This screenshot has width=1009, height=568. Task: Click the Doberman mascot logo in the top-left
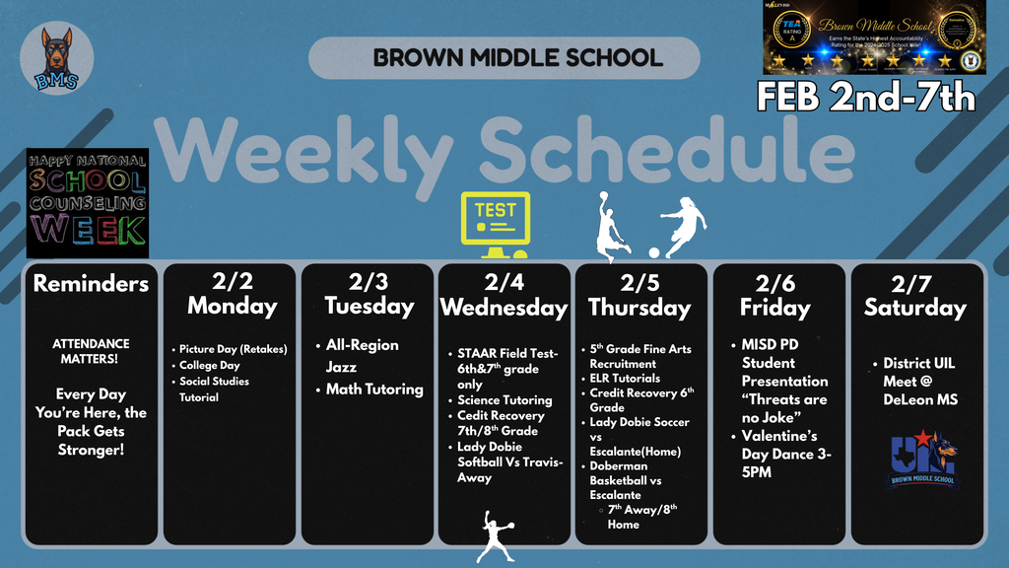click(56, 58)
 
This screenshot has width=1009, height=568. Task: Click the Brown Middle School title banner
click(504, 58)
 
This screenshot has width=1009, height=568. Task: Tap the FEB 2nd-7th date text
click(865, 97)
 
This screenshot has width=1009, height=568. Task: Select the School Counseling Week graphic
click(88, 202)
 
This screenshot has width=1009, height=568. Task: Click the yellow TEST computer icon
click(496, 218)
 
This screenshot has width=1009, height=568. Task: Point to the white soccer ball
click(653, 252)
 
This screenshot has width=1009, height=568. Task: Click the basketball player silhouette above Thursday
click(611, 228)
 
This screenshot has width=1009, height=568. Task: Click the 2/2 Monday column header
click(232, 294)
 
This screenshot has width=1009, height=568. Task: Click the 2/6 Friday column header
click(775, 294)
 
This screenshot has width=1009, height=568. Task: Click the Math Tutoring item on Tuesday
click(374, 389)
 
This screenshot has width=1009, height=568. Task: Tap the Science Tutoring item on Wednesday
click(504, 400)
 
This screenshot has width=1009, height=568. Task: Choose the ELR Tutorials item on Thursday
click(625, 378)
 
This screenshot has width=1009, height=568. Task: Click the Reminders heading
click(91, 284)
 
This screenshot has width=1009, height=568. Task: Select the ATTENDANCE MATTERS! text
click(91, 351)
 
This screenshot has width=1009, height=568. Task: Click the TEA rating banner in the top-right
click(874, 37)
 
